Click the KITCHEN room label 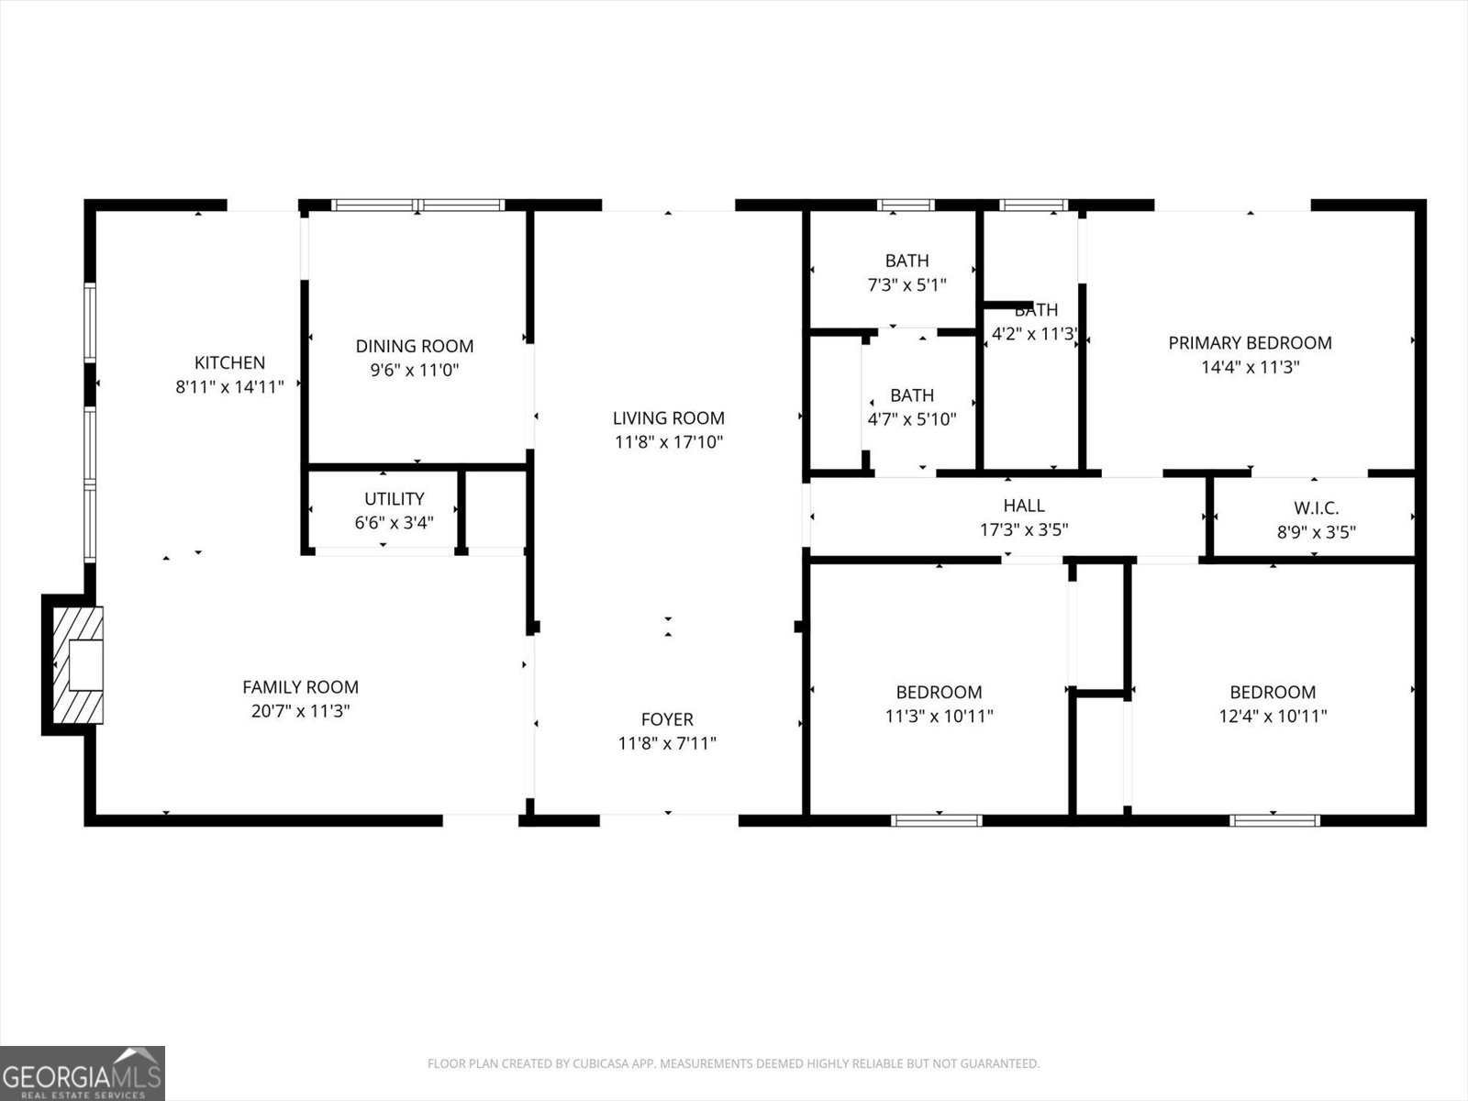(229, 362)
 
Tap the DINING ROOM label (415, 346)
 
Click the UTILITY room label (395, 498)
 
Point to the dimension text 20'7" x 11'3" (300, 711)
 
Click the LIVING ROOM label (669, 418)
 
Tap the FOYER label (667, 719)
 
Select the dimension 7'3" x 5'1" (906, 284)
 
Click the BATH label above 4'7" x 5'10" (912, 395)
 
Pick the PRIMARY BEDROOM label (1250, 342)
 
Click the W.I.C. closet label (1316, 507)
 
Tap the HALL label (1024, 505)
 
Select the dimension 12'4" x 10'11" (1273, 717)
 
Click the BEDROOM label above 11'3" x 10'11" (939, 692)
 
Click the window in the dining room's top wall (417, 206)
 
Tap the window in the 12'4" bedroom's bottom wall (1274, 820)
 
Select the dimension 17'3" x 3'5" (1024, 529)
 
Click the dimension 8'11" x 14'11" (229, 387)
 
